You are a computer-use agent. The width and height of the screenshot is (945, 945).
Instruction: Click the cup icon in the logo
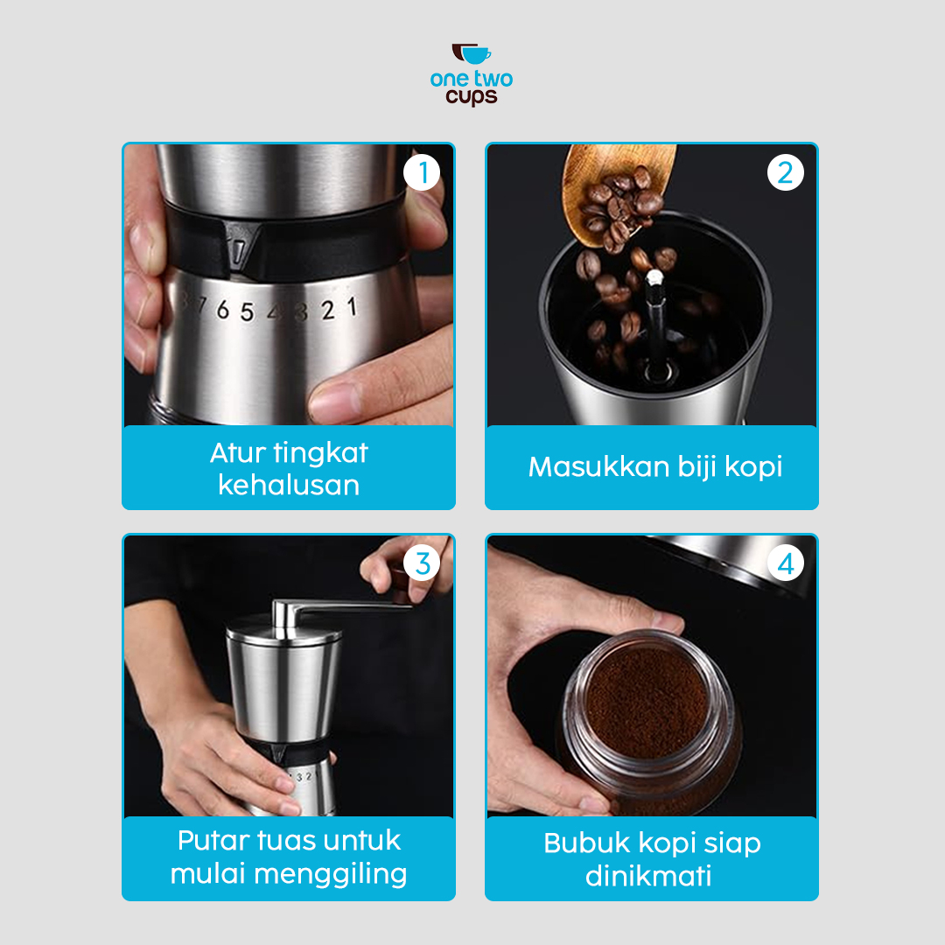(472, 53)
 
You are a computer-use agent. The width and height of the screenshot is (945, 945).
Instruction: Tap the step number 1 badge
(422, 172)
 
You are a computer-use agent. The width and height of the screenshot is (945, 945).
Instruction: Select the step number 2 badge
(785, 172)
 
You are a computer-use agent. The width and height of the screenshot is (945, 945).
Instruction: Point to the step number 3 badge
(422, 563)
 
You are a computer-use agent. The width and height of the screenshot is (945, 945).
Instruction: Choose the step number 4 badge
(785, 563)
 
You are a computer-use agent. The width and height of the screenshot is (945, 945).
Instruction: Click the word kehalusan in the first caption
(289, 485)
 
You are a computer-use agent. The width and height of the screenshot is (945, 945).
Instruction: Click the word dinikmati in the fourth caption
(648, 876)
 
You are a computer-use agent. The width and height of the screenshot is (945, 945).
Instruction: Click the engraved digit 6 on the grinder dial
(223, 310)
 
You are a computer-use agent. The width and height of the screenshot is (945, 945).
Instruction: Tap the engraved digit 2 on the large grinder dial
(327, 311)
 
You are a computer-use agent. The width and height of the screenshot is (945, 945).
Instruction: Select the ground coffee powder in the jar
(647, 702)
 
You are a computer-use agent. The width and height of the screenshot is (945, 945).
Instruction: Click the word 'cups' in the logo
(472, 97)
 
